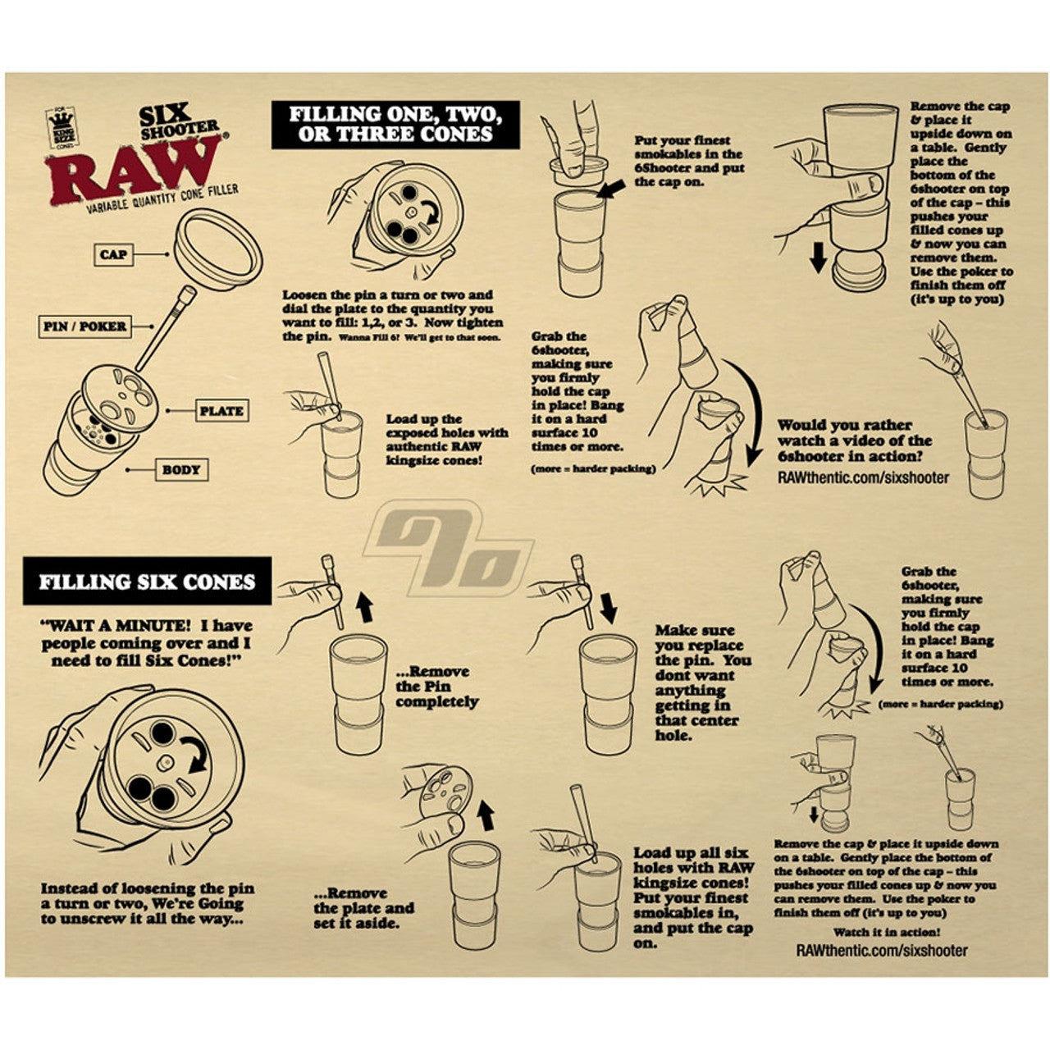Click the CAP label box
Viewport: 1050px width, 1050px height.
(x=113, y=255)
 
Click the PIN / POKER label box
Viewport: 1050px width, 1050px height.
(x=85, y=326)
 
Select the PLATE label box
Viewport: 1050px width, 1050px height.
(x=221, y=411)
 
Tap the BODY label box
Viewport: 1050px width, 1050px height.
(x=181, y=470)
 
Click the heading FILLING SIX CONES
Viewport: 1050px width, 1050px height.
(x=148, y=582)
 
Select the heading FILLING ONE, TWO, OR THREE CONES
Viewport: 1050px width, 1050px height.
(x=395, y=125)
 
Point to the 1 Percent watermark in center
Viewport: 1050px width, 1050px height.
(x=450, y=550)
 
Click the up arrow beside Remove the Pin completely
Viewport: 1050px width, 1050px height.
(x=365, y=607)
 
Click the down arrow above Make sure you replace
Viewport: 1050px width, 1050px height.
(x=608, y=608)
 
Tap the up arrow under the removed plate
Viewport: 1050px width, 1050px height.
(x=486, y=815)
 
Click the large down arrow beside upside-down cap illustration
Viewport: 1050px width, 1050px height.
(x=817, y=257)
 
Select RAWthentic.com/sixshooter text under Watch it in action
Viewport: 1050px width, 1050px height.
(x=882, y=951)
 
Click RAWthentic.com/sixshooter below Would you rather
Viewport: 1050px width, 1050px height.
(x=862, y=477)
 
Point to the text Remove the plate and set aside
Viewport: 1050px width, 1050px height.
(x=363, y=908)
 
